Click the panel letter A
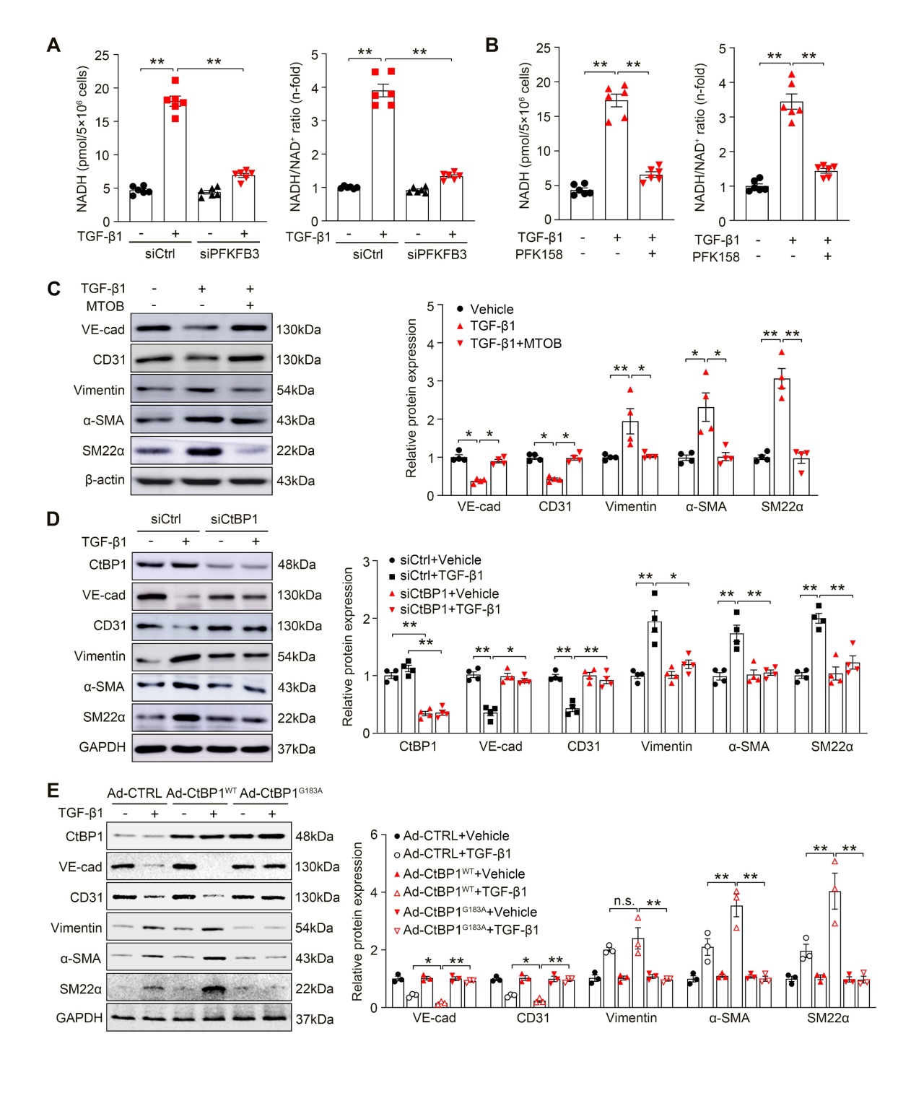pos(53,45)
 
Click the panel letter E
pos(53,791)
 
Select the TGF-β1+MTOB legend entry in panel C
pos(515,344)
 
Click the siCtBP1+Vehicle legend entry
pos(449,593)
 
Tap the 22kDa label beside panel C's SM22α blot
pos(296,450)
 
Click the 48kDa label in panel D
pos(297,565)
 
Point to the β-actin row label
pos(105,480)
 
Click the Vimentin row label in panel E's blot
pos(77,928)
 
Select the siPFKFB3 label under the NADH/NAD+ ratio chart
pos(437,254)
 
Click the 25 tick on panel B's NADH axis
pos(544,48)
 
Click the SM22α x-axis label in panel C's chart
pos(782,507)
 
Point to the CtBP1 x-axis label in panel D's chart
pos(418,746)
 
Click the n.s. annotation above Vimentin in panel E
pos(624,901)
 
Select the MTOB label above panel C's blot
pos(105,306)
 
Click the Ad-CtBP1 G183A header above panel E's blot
pos(281,793)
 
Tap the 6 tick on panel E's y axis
pos(374,835)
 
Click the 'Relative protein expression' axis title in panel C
pos(411,399)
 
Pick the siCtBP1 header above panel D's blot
pos(234,519)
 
